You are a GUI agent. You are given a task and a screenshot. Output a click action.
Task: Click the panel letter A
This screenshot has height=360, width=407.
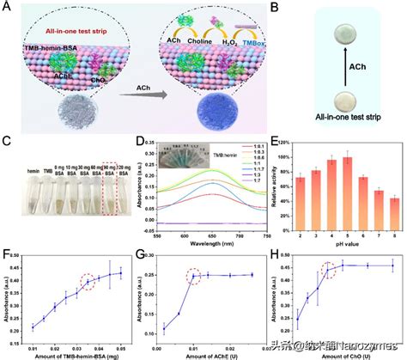click(7, 7)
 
